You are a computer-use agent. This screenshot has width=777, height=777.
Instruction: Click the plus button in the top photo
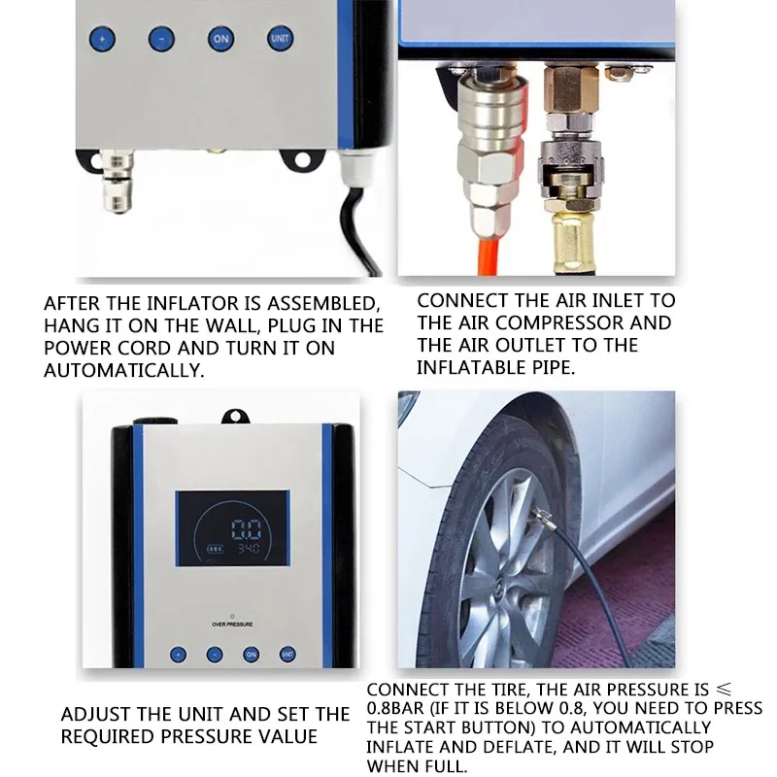[102, 40]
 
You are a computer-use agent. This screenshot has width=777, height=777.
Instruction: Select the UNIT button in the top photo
[278, 39]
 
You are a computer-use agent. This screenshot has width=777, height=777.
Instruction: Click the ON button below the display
[252, 655]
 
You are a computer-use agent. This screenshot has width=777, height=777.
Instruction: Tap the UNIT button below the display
[287, 655]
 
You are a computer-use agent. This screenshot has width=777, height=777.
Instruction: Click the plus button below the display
[179, 655]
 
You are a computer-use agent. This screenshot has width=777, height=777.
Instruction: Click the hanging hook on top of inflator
[233, 415]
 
